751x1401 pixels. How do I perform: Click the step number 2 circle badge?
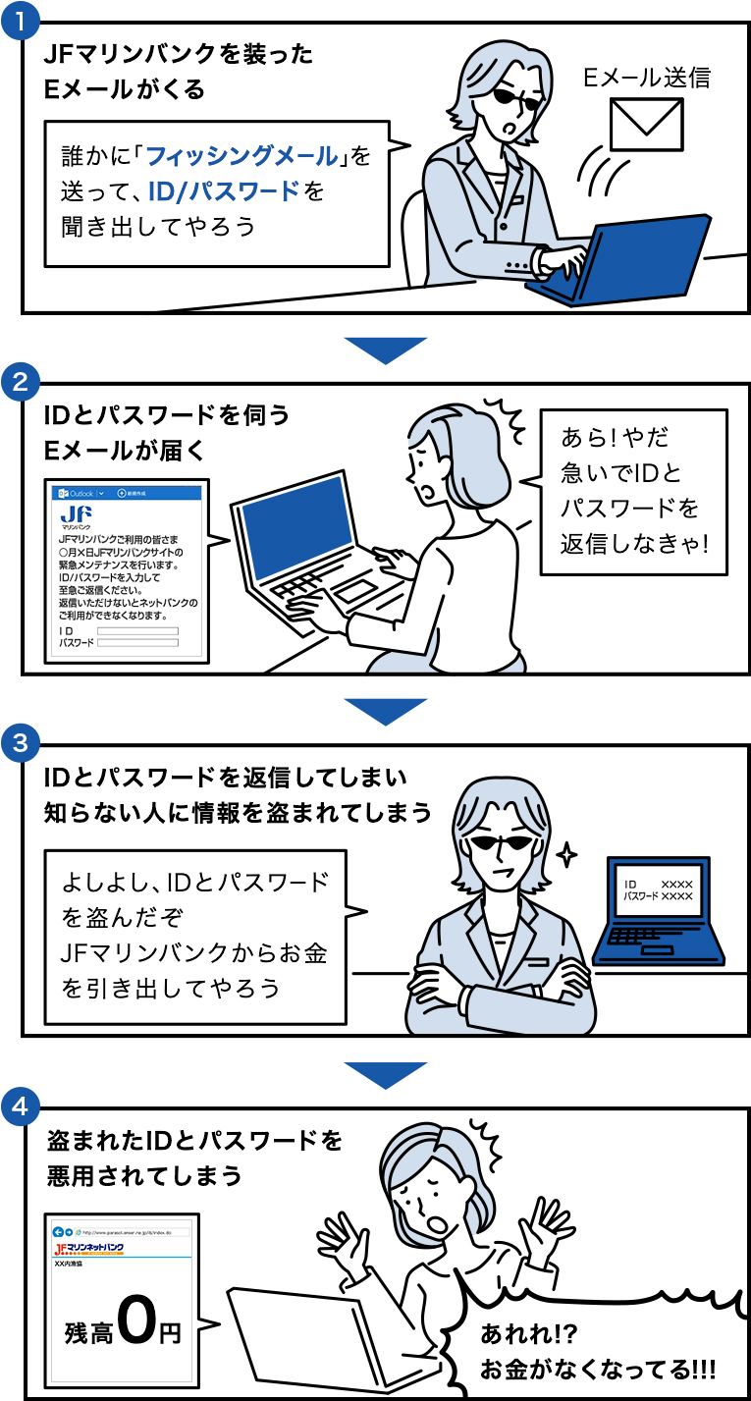(x=21, y=382)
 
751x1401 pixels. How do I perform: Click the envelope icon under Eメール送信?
(x=646, y=124)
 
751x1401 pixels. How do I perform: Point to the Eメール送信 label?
(x=647, y=78)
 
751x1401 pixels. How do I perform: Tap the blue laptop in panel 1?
(x=628, y=260)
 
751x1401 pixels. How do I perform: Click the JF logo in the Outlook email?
(x=77, y=514)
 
